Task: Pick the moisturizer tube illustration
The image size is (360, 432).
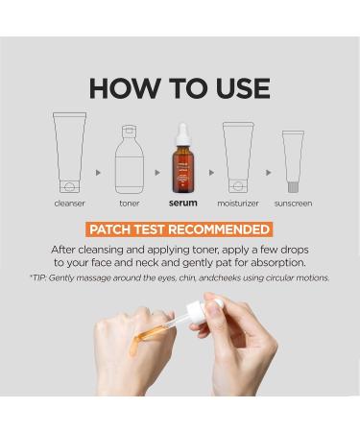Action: (x=239, y=156)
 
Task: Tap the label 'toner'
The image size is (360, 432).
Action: (x=130, y=204)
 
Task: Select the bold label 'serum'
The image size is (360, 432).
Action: (x=182, y=204)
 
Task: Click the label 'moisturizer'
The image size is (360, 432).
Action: (x=239, y=204)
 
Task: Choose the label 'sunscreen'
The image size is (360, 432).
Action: (x=294, y=204)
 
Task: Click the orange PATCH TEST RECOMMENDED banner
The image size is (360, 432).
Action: (x=180, y=229)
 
